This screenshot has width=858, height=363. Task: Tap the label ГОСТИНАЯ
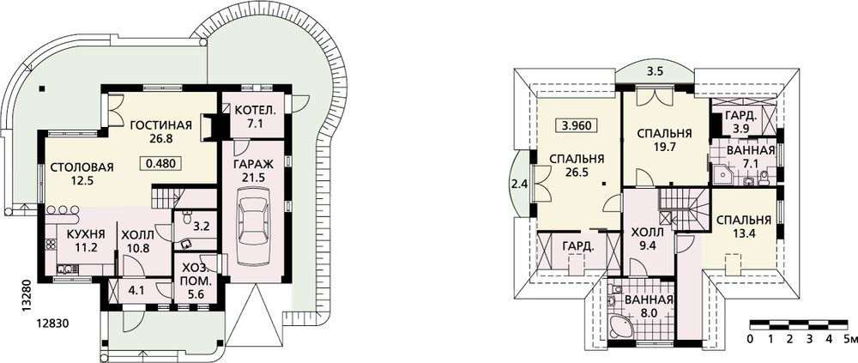coord(161,124)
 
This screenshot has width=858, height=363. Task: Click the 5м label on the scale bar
coord(850,339)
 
